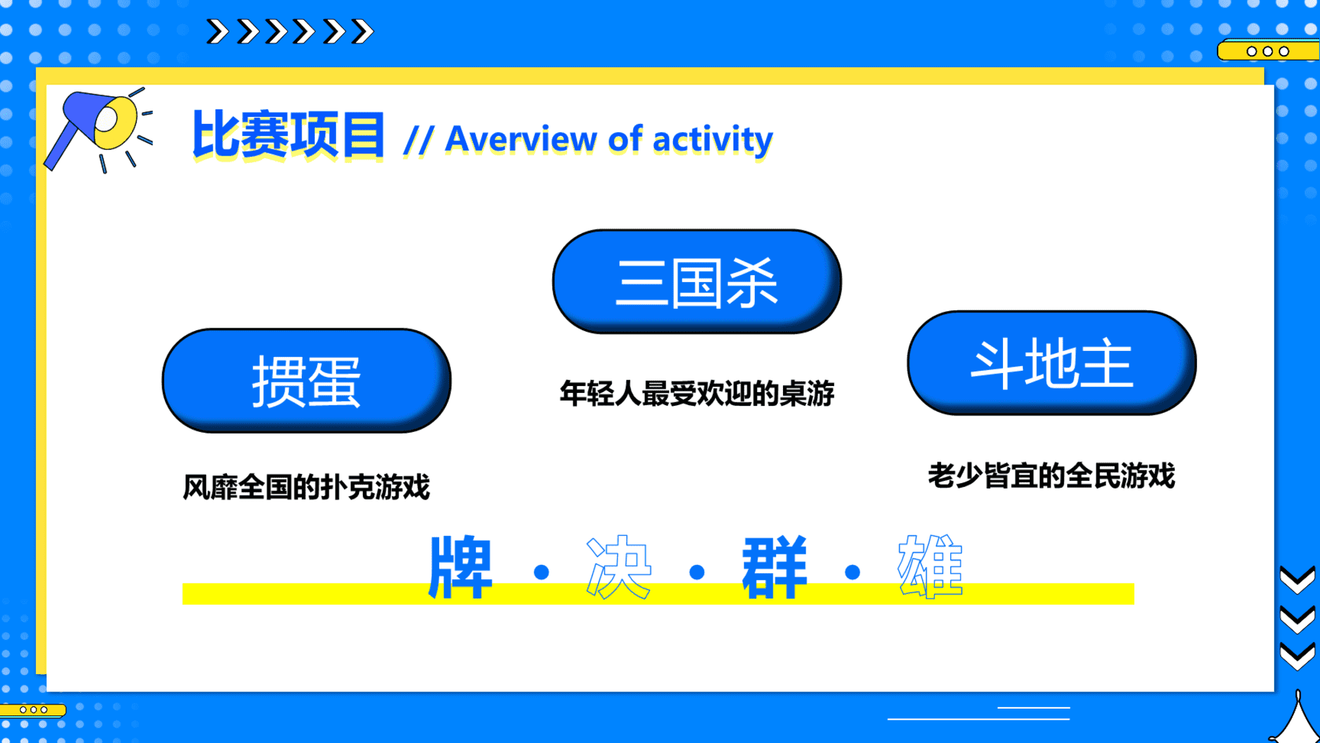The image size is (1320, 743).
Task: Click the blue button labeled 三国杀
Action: point(697,281)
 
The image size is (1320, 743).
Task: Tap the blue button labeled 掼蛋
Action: point(307,380)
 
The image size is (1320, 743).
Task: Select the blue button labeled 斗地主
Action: point(1052,363)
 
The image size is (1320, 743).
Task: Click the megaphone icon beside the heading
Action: point(98,129)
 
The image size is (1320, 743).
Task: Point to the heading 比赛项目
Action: point(288,135)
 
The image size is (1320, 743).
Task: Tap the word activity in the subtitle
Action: point(713,140)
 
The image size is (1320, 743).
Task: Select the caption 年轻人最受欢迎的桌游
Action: point(697,394)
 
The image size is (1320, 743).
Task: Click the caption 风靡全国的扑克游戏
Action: point(307,487)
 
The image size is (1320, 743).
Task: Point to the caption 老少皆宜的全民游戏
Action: point(1052,475)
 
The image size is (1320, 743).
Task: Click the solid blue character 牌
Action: point(461,568)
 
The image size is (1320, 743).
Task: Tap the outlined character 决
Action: point(618,568)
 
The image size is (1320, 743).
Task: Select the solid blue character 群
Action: point(774,568)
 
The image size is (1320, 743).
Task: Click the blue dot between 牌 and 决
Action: point(541,572)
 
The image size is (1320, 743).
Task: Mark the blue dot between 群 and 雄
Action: point(852,572)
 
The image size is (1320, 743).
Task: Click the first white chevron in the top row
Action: point(218,32)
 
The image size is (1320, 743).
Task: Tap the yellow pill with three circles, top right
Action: point(1268,51)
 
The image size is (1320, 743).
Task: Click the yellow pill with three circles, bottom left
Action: point(33,709)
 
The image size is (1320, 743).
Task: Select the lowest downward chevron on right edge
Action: point(1297,657)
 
